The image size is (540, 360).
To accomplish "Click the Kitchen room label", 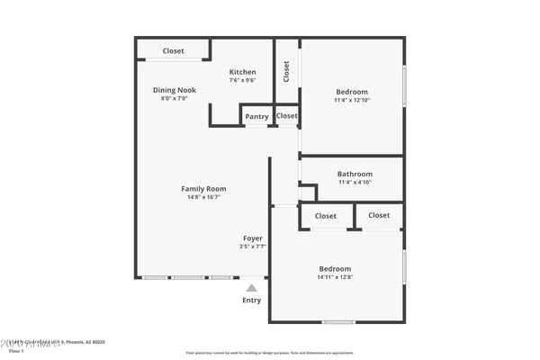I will (242, 72).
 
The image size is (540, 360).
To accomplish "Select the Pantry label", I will (256, 116).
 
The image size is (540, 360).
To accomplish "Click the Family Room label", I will (203, 189).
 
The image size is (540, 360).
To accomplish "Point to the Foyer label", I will (253, 238).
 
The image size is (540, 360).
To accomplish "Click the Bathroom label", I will (355, 174).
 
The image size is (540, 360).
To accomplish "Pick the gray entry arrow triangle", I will (252, 288).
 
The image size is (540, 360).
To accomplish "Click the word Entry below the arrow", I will (252, 301).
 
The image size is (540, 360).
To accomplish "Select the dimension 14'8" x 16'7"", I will (203, 197).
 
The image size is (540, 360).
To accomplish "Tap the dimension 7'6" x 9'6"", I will (242, 80).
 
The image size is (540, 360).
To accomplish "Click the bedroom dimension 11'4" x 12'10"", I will (352, 100).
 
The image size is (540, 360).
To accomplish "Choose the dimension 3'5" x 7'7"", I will (253, 247).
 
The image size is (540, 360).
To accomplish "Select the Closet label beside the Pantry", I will (287, 116).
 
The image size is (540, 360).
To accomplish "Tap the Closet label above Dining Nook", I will (174, 50).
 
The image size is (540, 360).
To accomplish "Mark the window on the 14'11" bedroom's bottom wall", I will (338, 322).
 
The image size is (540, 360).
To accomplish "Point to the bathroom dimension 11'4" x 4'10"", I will (355, 182).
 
